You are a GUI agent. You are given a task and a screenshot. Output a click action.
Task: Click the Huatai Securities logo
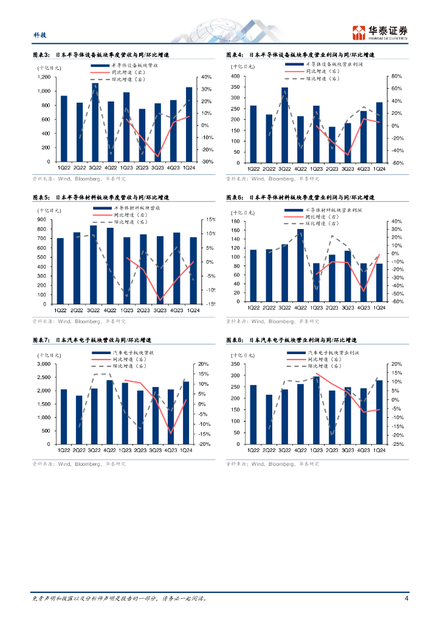(x=380, y=31)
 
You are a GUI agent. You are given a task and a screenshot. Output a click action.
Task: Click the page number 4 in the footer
(x=405, y=598)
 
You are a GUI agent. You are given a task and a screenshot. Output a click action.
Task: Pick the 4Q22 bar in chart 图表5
(x=110, y=265)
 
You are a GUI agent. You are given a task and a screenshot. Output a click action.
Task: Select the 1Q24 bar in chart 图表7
(x=186, y=413)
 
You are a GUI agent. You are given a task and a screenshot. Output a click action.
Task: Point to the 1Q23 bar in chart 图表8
(x=316, y=411)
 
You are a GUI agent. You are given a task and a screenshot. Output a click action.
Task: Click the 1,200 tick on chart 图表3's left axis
(x=44, y=77)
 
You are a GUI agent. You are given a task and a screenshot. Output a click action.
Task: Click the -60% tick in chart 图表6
(x=393, y=301)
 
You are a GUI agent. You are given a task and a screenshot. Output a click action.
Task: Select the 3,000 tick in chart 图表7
(x=43, y=364)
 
